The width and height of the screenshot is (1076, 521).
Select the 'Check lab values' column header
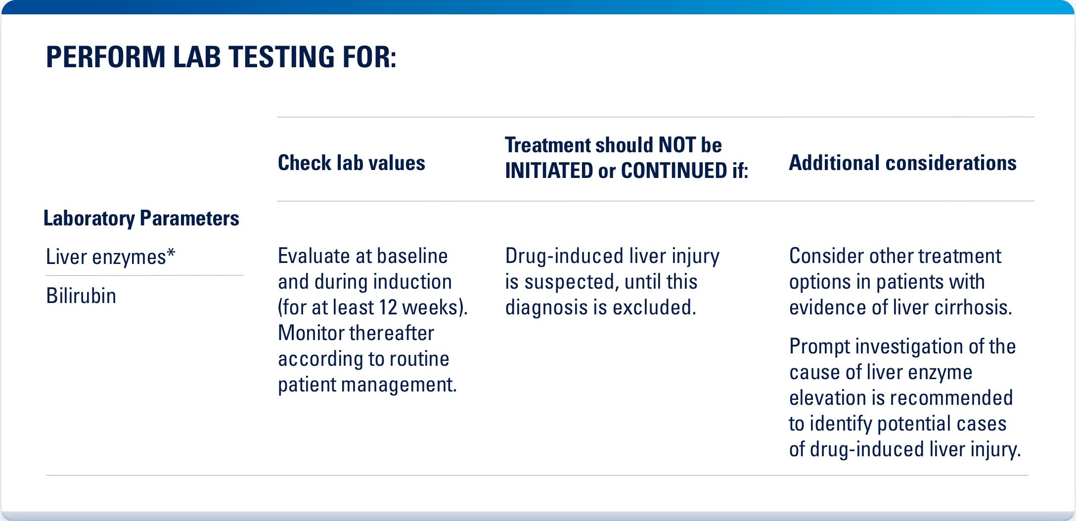(x=351, y=163)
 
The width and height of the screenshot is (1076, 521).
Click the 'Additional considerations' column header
(x=902, y=163)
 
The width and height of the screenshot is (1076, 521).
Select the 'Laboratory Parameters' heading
(x=141, y=218)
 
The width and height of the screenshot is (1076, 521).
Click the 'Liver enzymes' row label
(x=106, y=257)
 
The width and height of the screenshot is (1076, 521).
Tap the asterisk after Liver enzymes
(x=171, y=253)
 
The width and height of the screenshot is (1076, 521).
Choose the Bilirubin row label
(x=81, y=296)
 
